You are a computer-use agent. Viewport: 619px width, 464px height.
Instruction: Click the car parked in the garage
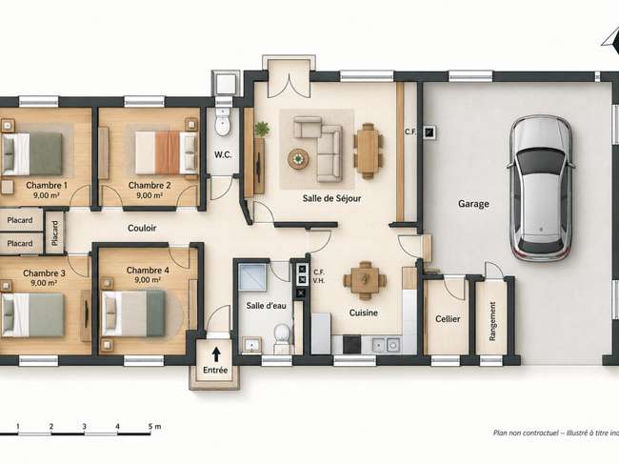541,189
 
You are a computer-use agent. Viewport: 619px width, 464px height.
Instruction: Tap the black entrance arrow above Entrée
216,354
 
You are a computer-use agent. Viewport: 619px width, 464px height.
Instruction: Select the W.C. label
223,154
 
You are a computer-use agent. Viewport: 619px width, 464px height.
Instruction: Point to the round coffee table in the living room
299,159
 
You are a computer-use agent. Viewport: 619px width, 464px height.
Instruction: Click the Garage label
473,204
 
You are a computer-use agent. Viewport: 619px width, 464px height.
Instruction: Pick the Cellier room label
448,318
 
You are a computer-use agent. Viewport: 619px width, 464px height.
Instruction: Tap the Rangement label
492,321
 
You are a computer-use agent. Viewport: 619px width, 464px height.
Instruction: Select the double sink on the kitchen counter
386,345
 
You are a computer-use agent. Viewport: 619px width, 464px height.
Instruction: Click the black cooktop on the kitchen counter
351,344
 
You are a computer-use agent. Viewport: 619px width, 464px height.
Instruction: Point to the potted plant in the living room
262,129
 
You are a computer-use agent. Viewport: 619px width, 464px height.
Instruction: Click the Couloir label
142,228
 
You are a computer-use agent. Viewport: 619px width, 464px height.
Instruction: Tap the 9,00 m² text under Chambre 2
150,195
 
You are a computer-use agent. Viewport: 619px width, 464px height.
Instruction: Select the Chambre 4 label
148,270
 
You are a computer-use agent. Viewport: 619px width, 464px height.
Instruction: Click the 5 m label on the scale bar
154,427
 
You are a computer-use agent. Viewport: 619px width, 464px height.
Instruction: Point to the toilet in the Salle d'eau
282,337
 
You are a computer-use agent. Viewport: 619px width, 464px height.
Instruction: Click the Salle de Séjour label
331,198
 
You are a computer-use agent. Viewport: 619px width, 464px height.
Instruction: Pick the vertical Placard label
54,233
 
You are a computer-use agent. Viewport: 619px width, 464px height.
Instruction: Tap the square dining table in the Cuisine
365,280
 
